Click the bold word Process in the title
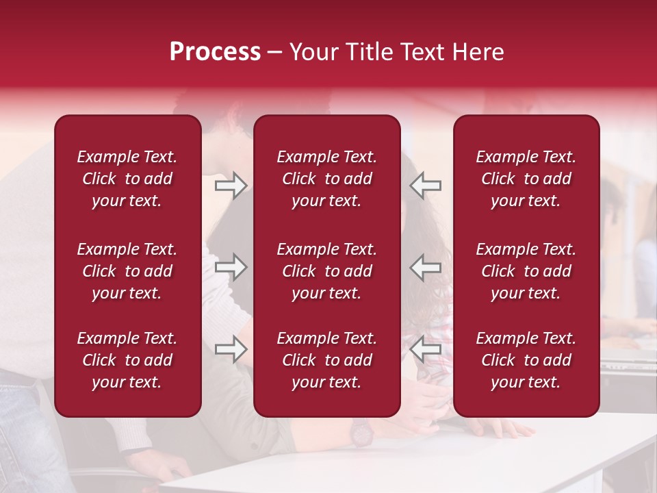(215, 52)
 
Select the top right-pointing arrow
(231, 186)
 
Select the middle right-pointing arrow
(231, 267)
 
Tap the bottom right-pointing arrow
(231, 350)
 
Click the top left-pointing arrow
(426, 186)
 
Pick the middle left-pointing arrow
(426, 267)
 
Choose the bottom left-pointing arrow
(426, 350)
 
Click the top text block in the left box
(127, 179)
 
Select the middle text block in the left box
(127, 271)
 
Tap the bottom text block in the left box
(127, 360)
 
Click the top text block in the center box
(326, 179)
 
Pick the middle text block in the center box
(326, 271)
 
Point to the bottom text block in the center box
(326, 360)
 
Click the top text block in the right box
(526, 179)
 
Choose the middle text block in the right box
(526, 271)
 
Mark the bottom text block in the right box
(526, 360)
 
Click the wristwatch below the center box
(361, 432)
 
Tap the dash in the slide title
(274, 53)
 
